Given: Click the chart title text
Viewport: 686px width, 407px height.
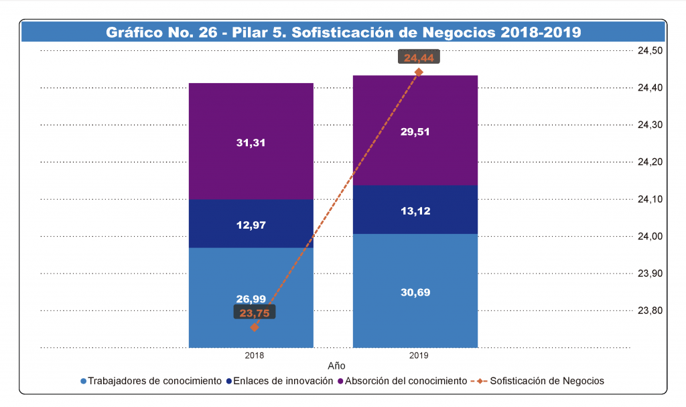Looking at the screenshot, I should (x=343, y=32).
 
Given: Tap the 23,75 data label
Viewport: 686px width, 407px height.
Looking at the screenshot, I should (x=255, y=312).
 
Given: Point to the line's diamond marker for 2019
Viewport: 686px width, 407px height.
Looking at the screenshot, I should (x=419, y=72).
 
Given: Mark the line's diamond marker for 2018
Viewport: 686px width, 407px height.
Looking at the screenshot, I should (x=255, y=327).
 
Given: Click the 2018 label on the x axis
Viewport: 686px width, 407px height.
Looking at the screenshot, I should (x=255, y=355).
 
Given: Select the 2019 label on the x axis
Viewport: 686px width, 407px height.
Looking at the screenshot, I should (x=419, y=355).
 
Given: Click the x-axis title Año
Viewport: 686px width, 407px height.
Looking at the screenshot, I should (x=336, y=366).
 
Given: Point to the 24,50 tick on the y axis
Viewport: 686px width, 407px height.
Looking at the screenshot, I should (x=649, y=50).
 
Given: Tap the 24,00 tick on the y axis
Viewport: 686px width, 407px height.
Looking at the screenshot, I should (x=649, y=236).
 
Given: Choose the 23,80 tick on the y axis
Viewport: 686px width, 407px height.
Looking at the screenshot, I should (x=649, y=310).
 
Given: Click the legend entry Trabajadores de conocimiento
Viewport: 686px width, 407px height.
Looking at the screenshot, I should (x=155, y=381).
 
